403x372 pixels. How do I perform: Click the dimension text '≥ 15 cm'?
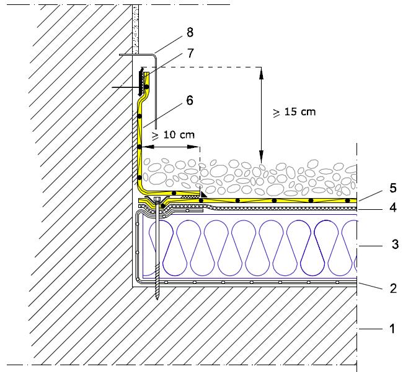pyautogui.click(x=294, y=112)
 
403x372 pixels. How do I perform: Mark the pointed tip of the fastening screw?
pyautogui.click(x=159, y=299)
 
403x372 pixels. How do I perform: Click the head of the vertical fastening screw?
pyautogui.click(x=157, y=200)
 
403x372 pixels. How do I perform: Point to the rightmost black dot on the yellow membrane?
pyautogui.click(x=348, y=201)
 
